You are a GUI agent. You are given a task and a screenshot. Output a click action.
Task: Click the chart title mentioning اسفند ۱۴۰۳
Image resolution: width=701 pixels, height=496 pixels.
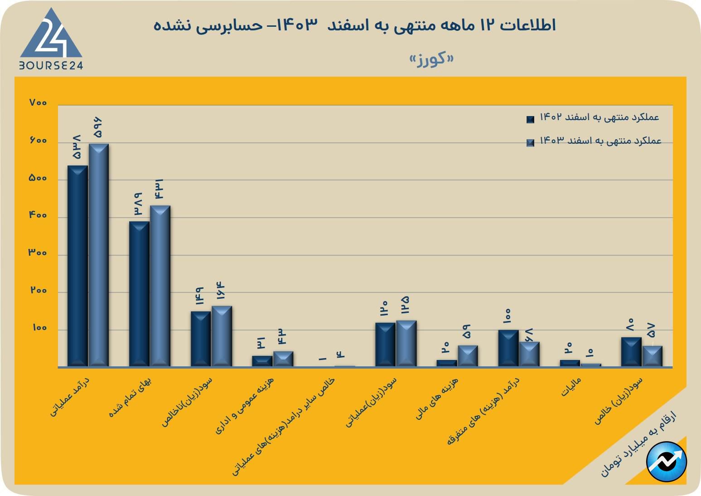354,25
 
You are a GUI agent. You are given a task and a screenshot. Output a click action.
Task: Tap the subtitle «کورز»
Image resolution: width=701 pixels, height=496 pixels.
431,59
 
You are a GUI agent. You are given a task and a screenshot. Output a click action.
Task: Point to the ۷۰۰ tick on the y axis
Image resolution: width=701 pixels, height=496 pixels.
38,103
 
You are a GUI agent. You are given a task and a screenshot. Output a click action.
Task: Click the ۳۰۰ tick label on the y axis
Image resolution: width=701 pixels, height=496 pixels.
38,253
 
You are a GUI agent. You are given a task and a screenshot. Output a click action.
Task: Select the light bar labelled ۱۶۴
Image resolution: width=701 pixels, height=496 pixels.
222,336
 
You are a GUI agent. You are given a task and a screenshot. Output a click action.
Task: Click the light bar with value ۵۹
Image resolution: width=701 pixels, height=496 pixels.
468,356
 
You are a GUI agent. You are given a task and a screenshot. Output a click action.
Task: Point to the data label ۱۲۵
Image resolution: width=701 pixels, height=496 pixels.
405,305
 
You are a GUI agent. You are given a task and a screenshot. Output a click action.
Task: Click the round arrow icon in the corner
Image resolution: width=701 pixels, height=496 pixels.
667,462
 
